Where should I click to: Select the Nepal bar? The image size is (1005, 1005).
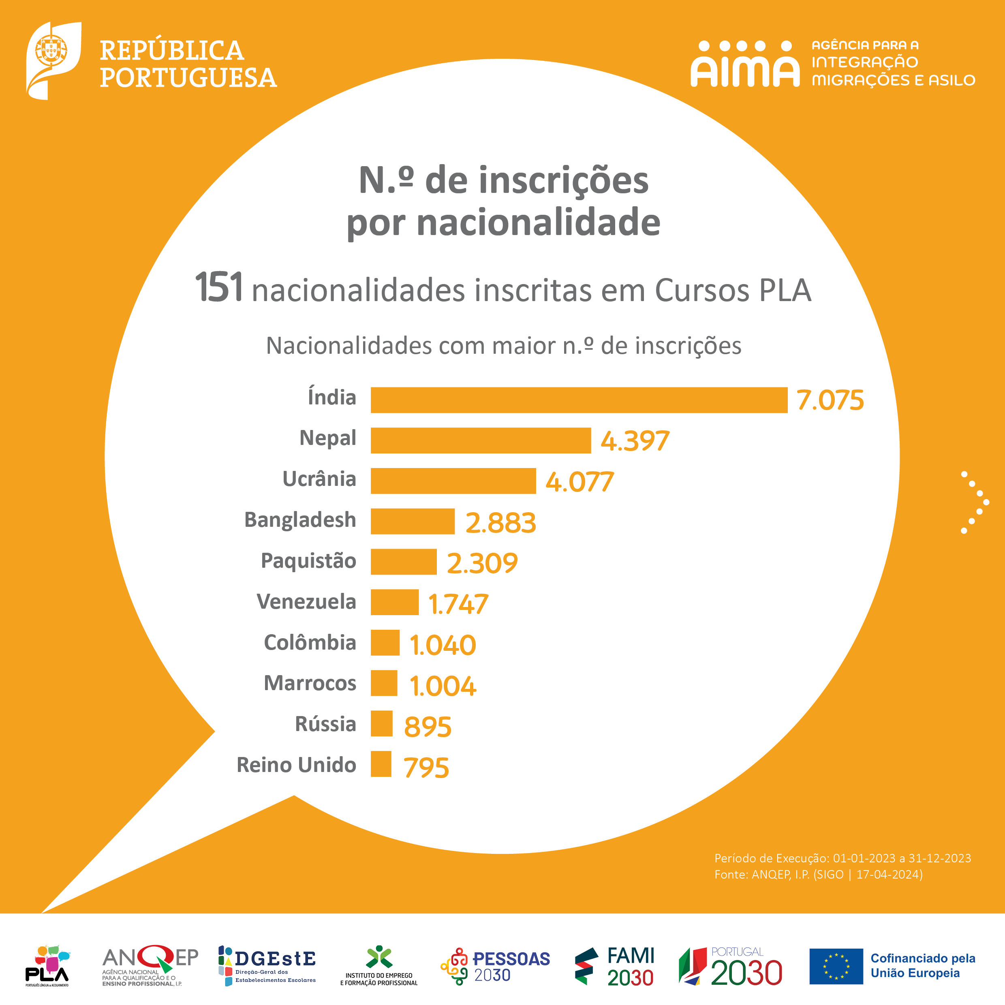[x=481, y=440]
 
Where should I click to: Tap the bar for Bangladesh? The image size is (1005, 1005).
[x=413, y=521]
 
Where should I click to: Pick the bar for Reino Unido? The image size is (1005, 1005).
[x=381, y=764]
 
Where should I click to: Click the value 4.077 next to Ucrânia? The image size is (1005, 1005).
[x=579, y=482]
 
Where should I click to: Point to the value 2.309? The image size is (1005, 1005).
[x=482, y=563]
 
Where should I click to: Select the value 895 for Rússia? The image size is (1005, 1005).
[x=428, y=726]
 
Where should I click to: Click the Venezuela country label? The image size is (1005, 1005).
[x=306, y=602]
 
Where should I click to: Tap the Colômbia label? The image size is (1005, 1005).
[x=310, y=642]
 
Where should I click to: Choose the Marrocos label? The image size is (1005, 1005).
[x=310, y=683]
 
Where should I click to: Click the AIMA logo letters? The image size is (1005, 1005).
[x=744, y=64]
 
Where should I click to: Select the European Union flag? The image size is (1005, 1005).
[x=836, y=967]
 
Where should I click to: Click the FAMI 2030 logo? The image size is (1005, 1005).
[x=614, y=967]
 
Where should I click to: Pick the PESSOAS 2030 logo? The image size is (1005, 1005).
[x=495, y=967]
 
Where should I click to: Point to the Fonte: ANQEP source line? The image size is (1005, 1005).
[x=818, y=875]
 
